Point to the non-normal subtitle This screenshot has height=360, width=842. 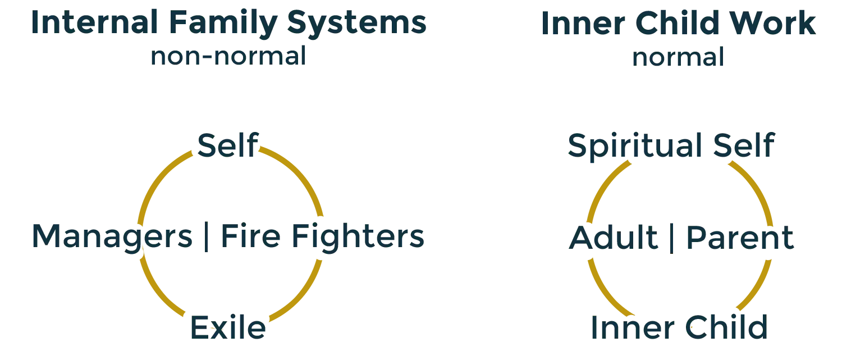pos(227,57)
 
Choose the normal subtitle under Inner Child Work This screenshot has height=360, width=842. pos(678,57)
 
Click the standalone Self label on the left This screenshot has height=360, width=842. pos(227,144)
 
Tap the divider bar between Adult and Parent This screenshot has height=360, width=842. pos(672,238)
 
